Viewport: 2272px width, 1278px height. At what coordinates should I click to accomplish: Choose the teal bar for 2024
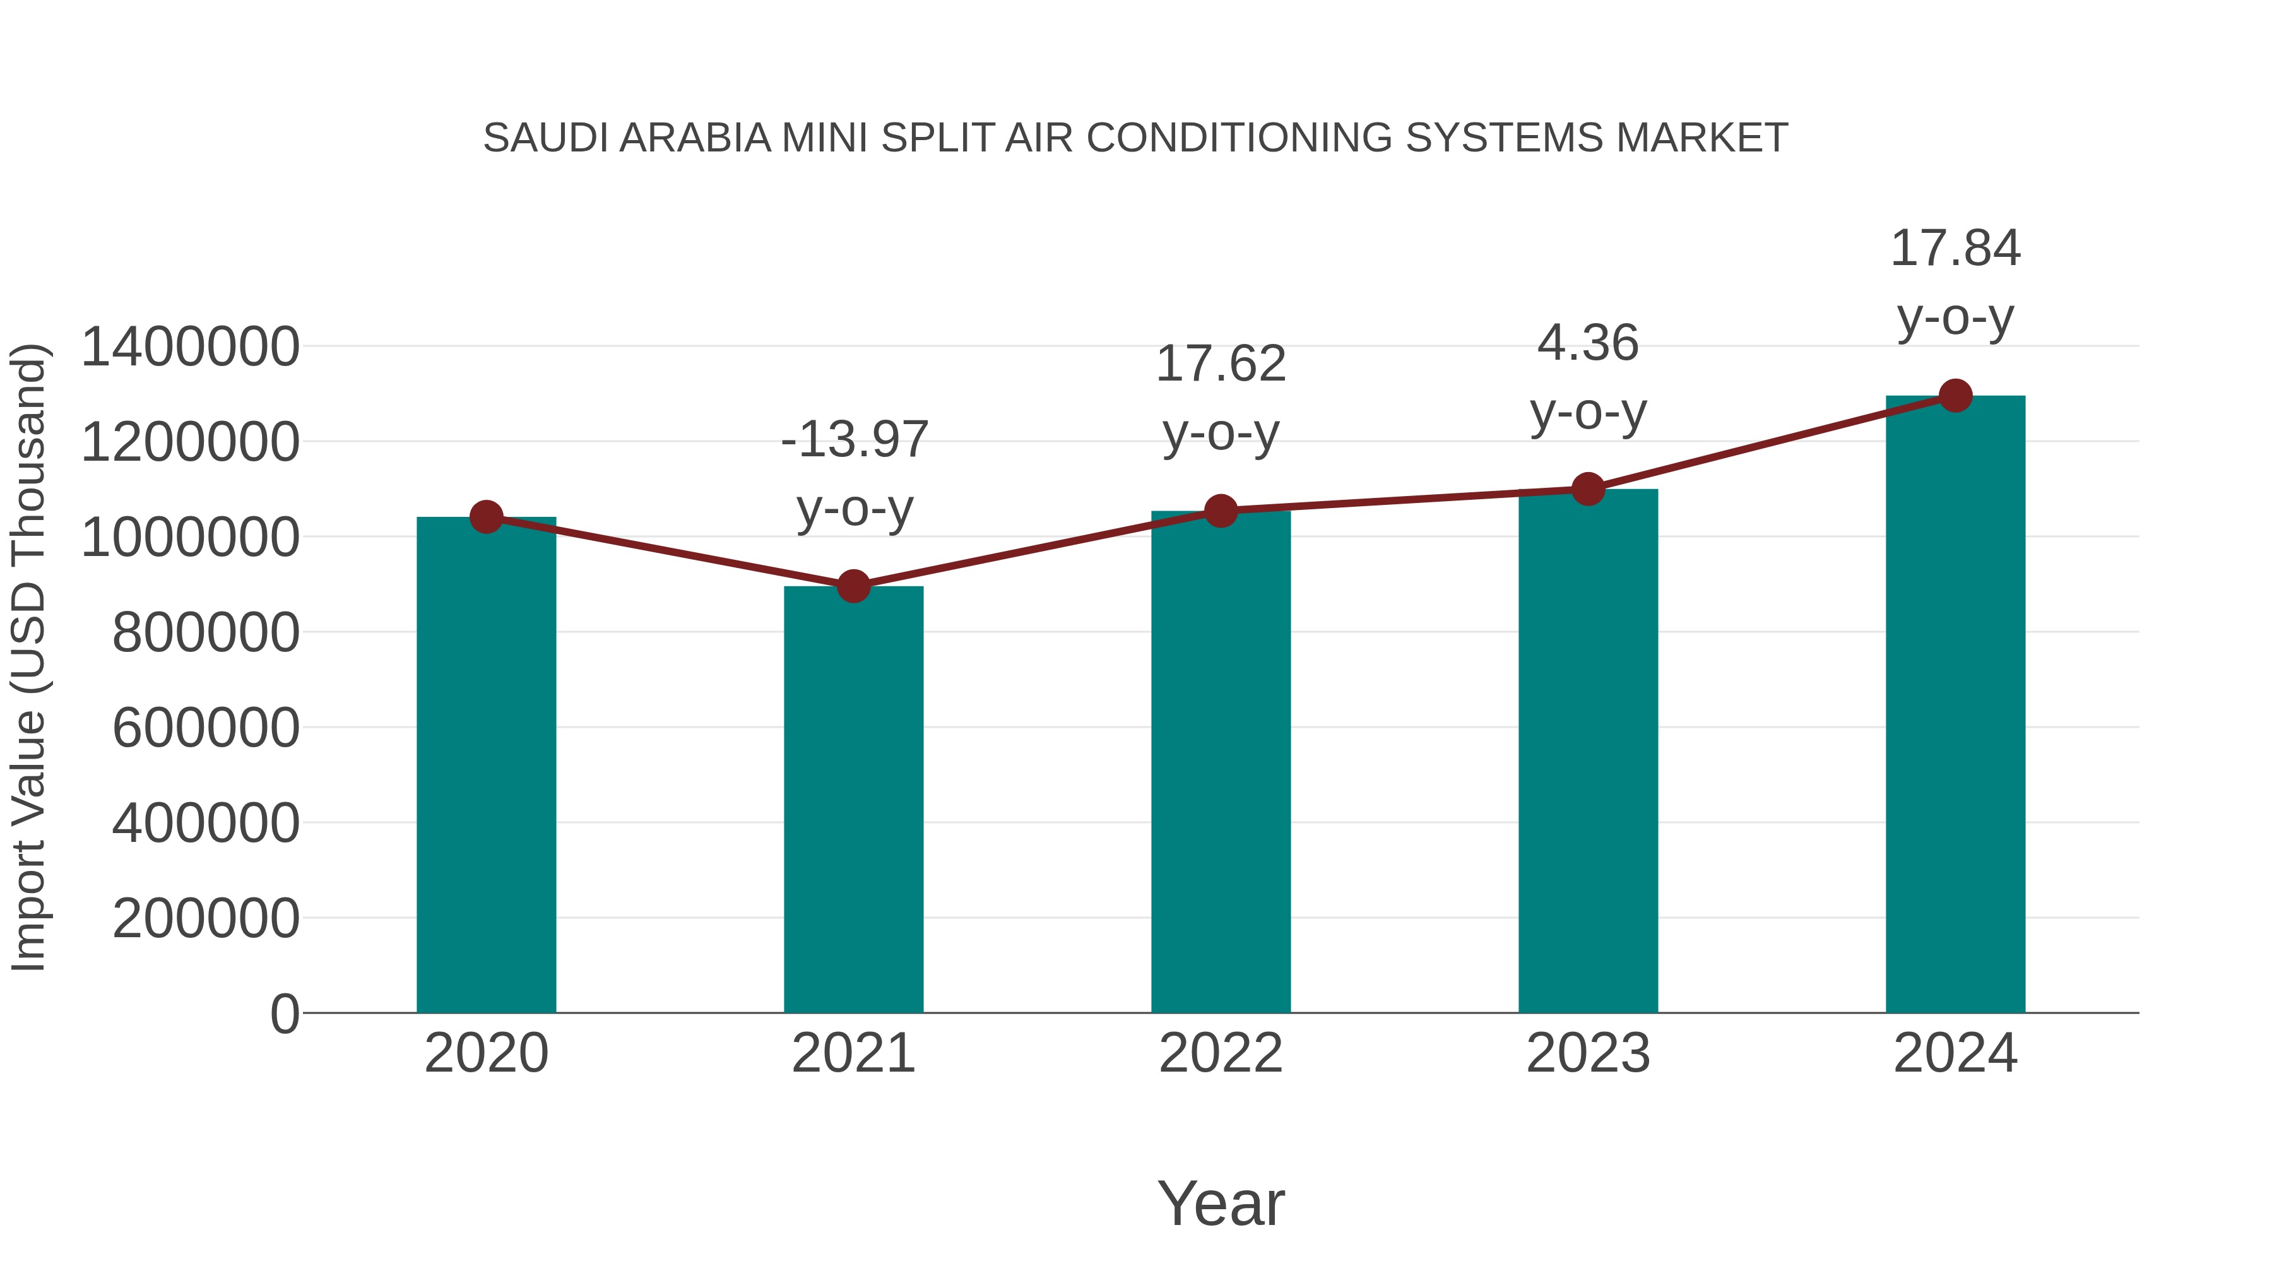point(1955,705)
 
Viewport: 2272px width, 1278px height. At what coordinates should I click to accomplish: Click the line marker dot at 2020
point(486,517)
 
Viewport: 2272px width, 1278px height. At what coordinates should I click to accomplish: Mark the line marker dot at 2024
point(1955,396)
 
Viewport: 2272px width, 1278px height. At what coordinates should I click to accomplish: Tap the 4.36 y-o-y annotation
point(1588,377)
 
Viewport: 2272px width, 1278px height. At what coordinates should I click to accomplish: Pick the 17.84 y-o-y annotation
point(1955,282)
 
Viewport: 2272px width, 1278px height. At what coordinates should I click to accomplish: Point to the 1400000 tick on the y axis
point(189,346)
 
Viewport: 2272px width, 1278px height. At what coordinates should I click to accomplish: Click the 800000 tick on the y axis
point(206,632)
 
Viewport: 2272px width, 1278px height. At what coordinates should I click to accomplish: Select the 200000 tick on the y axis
point(206,918)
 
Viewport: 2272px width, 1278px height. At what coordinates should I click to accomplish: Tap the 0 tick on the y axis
point(284,1014)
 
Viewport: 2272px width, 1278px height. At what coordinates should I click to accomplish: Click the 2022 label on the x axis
point(1220,1053)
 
